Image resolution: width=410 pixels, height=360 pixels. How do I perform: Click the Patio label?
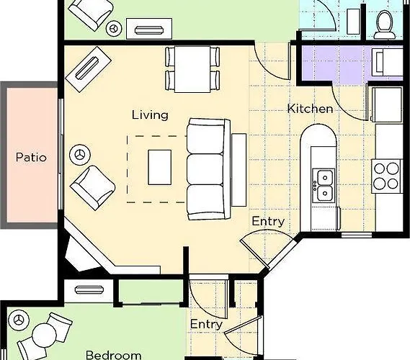(31, 157)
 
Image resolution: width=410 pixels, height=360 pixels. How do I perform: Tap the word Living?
(150, 115)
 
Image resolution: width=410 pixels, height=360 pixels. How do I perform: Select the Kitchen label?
(310, 109)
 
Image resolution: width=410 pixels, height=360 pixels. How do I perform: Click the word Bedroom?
(113, 355)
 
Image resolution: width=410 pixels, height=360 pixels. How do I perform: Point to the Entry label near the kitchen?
(268, 222)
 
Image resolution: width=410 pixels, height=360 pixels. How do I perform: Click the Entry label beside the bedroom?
(206, 325)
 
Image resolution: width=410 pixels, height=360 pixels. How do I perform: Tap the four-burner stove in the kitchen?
(386, 176)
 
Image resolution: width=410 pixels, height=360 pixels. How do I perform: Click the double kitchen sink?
(324, 185)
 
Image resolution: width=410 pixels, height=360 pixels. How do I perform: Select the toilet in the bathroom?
(384, 24)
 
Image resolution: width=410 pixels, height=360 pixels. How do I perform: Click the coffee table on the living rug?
(160, 168)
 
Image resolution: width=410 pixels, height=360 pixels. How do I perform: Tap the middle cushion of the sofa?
(205, 169)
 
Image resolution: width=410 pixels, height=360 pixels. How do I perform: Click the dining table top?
(192, 69)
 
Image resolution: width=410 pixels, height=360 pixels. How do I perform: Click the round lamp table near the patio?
(80, 155)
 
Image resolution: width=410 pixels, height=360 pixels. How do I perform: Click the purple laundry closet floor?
(337, 63)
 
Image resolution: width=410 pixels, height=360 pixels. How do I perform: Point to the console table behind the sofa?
(239, 170)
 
